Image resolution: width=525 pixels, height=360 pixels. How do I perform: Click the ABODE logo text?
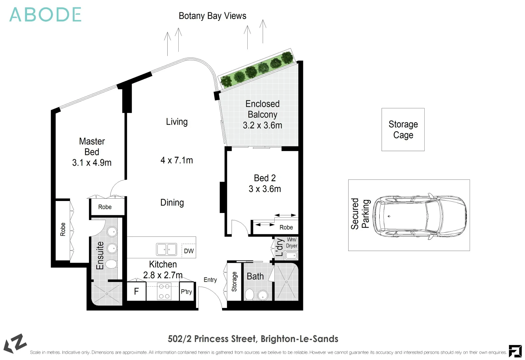point(45,15)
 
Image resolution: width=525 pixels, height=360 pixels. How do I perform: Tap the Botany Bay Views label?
point(212,16)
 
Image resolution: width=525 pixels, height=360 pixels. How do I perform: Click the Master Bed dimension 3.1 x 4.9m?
point(92,163)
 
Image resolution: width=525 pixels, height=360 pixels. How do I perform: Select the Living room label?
point(177,122)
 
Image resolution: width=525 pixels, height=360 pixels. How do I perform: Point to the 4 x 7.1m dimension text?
point(177,160)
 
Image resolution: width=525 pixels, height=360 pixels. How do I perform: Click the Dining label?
point(172,202)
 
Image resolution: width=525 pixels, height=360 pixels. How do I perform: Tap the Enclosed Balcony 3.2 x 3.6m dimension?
point(262,125)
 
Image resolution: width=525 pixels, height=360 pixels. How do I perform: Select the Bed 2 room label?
point(265,178)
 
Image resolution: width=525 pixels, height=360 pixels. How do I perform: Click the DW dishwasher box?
point(189,251)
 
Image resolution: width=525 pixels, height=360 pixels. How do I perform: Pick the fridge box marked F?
point(136,292)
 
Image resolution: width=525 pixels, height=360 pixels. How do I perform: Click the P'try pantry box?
point(186,292)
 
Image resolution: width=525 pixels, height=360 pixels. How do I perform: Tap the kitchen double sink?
point(166,249)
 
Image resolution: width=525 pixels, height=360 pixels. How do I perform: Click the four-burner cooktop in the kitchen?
point(164,291)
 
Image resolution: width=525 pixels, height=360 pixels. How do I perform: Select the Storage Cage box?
point(403,130)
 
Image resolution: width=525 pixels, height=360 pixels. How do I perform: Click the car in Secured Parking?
point(419,215)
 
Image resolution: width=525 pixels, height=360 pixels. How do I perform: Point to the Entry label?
point(210,280)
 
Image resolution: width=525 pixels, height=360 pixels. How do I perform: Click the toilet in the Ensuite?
point(111,265)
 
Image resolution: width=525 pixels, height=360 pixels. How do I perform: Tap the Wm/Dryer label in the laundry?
point(291,243)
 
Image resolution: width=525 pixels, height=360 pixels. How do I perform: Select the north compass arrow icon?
point(15,343)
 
